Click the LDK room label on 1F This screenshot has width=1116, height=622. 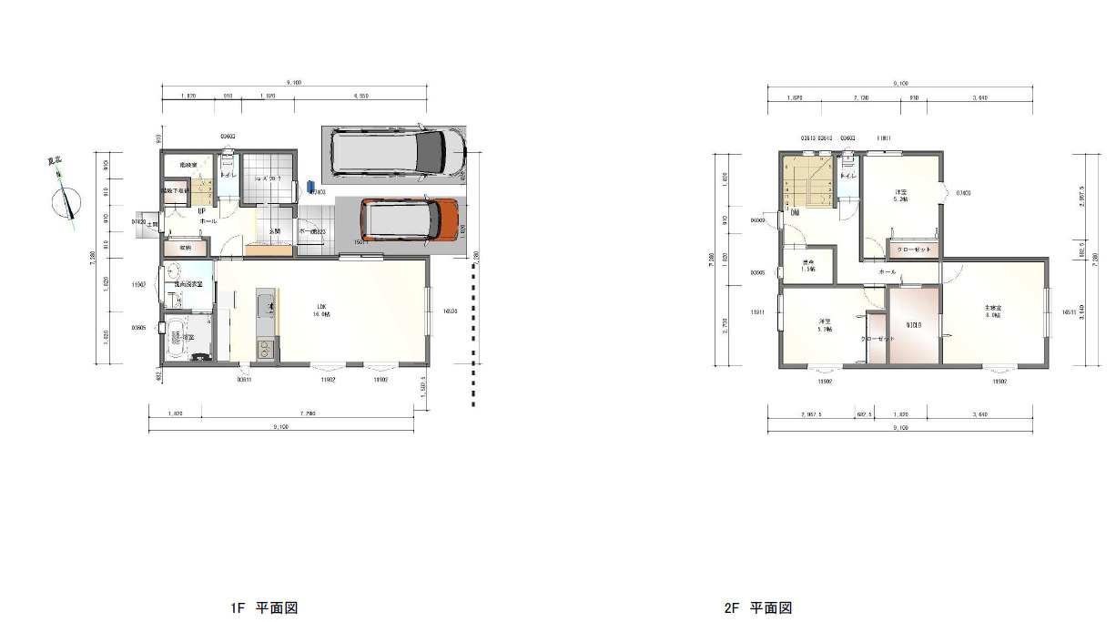[x=321, y=309]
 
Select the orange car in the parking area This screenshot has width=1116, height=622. [x=408, y=219]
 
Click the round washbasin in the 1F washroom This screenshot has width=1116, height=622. [x=174, y=271]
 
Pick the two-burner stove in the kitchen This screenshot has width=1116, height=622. [x=266, y=348]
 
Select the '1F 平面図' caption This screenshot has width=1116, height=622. [x=264, y=607]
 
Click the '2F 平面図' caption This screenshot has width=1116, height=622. [x=758, y=607]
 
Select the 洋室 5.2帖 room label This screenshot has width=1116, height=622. [x=900, y=196]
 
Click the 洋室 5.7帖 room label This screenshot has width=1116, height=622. [x=824, y=325]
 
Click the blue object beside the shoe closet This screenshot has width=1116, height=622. [x=310, y=185]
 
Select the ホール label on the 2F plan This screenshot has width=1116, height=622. [x=887, y=271]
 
